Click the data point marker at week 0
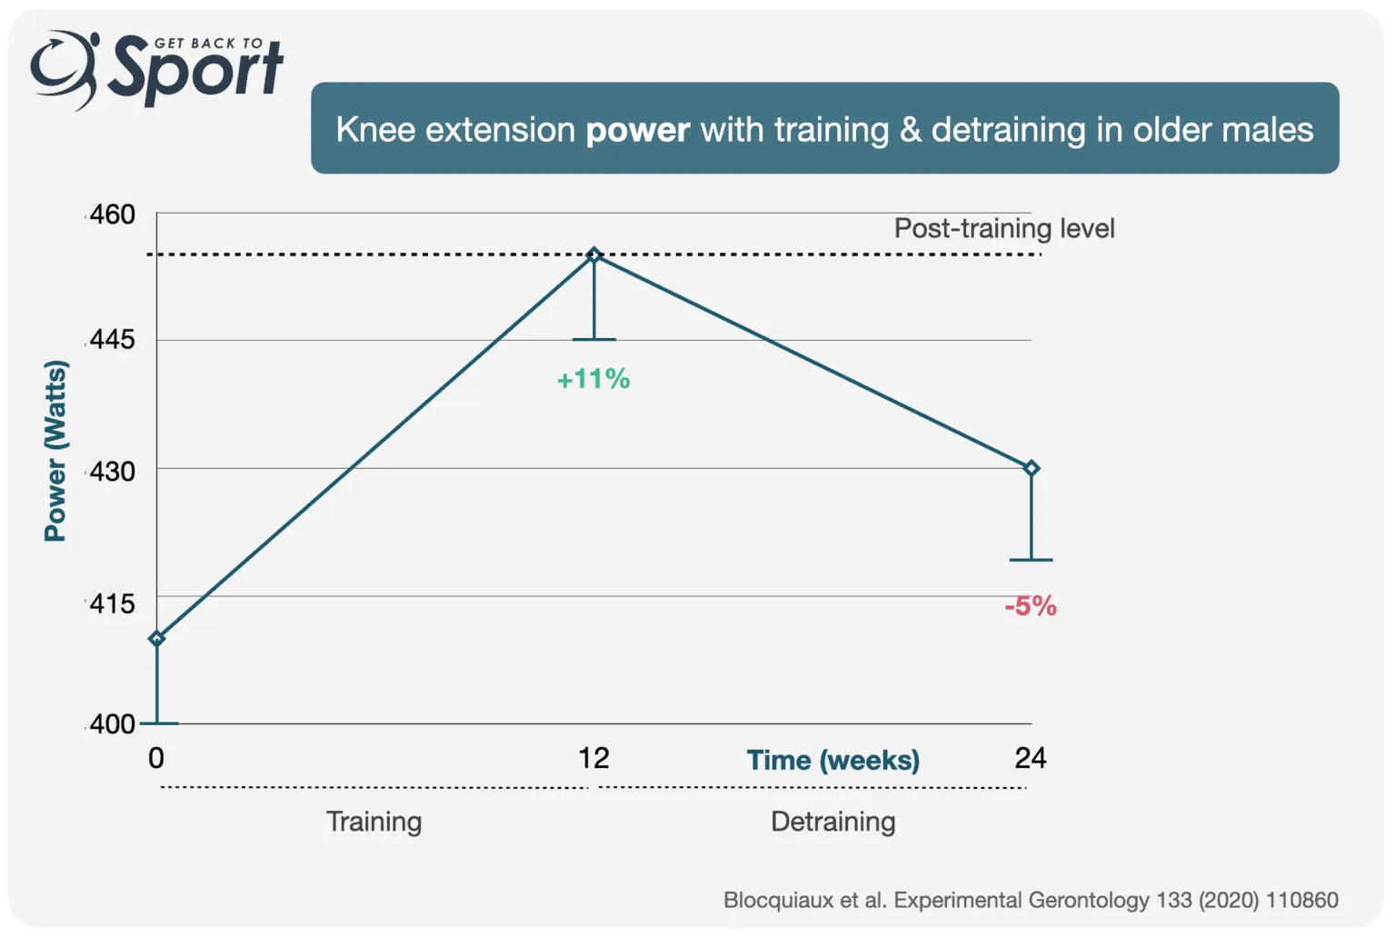pos(157,639)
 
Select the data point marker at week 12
pos(594,255)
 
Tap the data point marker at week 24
pos(1032,469)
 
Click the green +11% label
pos(593,379)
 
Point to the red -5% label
pos(1031,606)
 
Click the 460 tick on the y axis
pos(113,214)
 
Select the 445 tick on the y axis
pos(113,340)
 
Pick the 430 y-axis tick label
pos(113,471)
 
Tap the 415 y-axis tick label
pos(113,603)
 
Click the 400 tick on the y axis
pos(113,724)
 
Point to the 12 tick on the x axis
pos(593,758)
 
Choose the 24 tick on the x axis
pos(1031,758)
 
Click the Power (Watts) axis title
pos(55,451)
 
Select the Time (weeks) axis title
pos(833,760)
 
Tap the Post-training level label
pos(1004,228)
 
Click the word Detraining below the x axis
pos(833,822)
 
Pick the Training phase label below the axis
pos(374,822)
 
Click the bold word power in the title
pos(638,130)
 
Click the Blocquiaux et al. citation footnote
pos(1031,900)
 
